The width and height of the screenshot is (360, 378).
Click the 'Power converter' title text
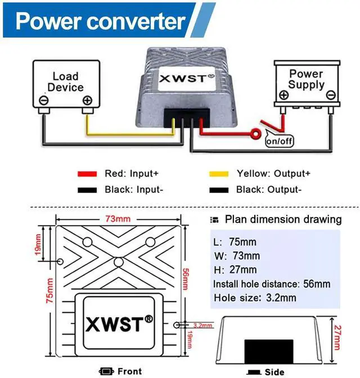click(x=101, y=21)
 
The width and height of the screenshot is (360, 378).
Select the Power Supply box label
click(x=306, y=79)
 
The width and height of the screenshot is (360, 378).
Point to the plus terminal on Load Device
click(x=87, y=101)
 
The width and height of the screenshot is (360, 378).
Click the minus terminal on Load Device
click(x=43, y=101)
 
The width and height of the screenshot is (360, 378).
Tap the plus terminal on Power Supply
click(x=283, y=95)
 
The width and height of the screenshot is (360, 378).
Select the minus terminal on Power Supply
click(x=331, y=95)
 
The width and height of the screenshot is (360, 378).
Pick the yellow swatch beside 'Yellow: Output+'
click(x=218, y=174)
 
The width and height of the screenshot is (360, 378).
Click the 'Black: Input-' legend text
click(x=134, y=190)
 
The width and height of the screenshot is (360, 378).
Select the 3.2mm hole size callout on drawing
click(x=202, y=325)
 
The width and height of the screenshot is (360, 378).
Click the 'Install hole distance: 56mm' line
click(x=272, y=284)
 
